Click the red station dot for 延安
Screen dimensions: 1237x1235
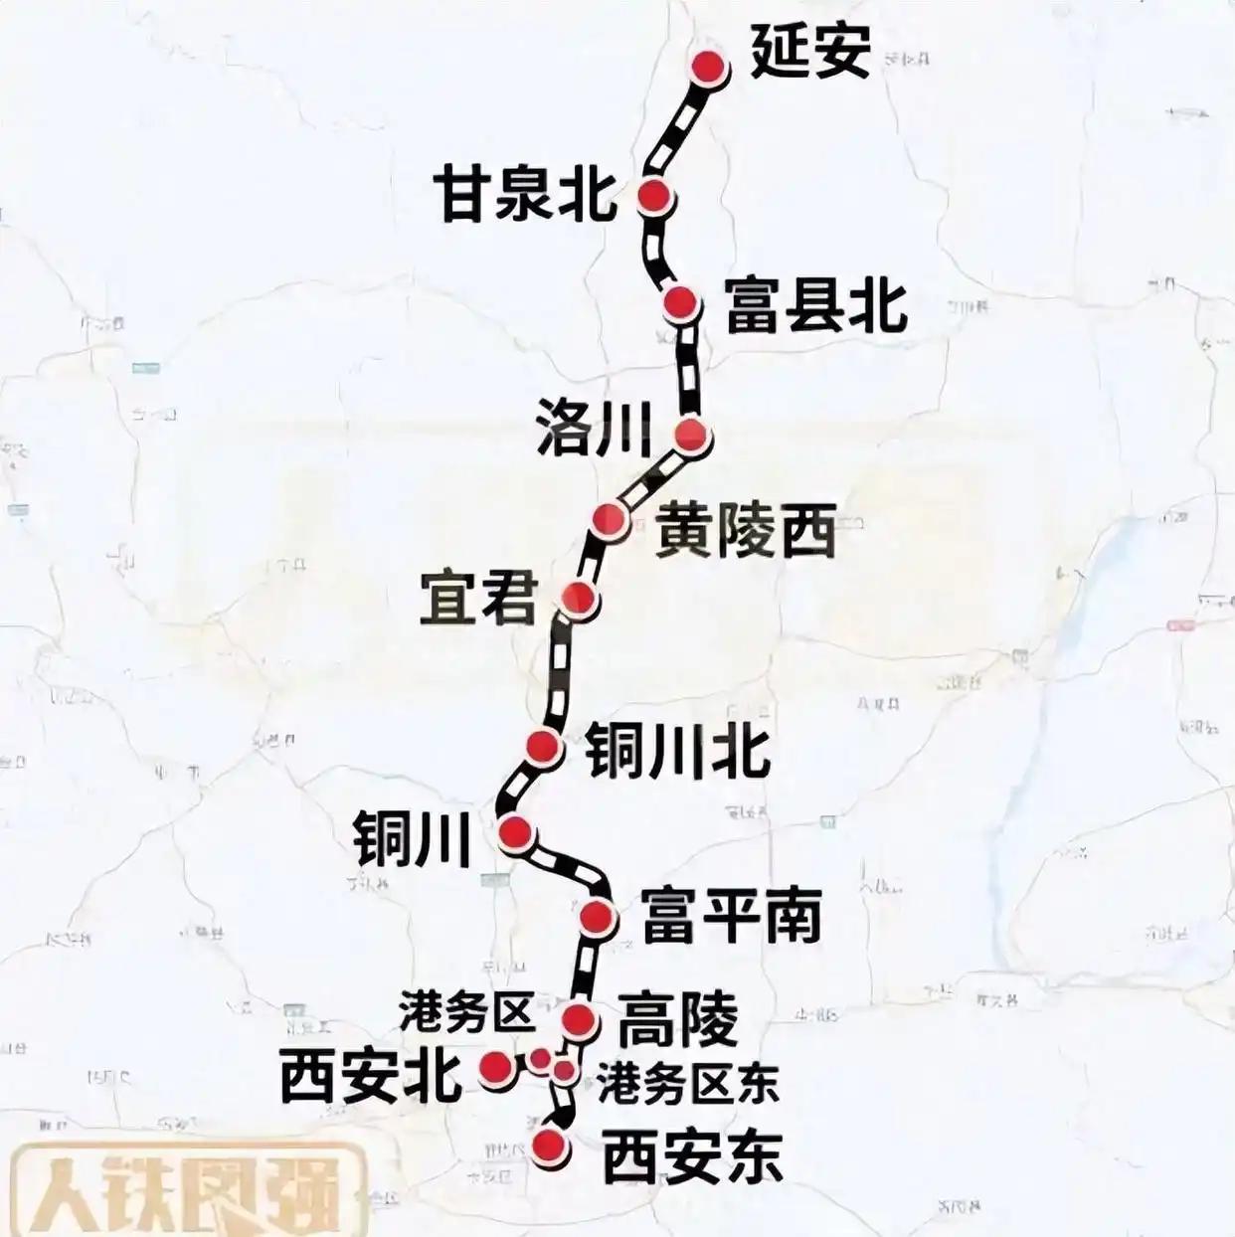[x=708, y=68]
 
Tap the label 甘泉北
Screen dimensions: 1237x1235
[x=524, y=195]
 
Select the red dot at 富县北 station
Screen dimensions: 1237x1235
[x=681, y=301]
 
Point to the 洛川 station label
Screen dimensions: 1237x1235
[x=593, y=430]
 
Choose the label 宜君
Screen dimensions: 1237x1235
[x=477, y=598]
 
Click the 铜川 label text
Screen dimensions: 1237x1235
[x=412, y=839]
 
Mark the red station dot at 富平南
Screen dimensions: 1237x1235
[x=598, y=916]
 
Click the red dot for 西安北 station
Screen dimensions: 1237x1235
[x=496, y=1067]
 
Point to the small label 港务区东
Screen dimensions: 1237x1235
[x=687, y=1082]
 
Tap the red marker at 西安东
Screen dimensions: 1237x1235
[x=548, y=1147]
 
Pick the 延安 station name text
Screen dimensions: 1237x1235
[x=810, y=51]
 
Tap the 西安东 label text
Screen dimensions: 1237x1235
[x=693, y=1157]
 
